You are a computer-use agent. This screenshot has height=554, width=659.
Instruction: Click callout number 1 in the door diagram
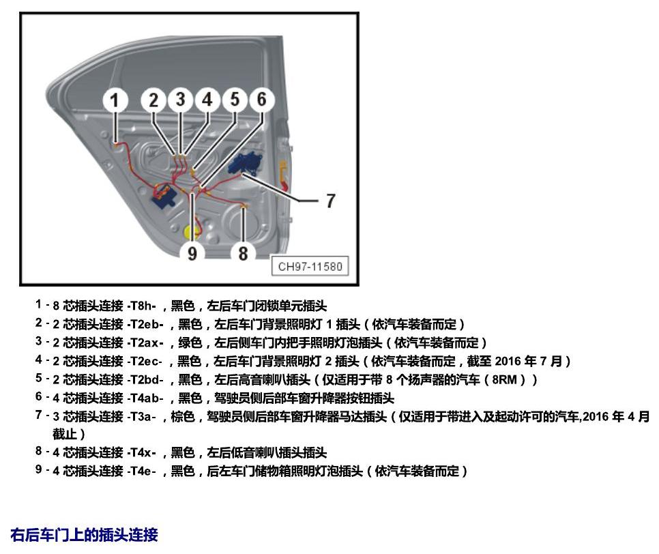[x=115, y=100]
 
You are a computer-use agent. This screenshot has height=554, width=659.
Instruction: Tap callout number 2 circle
[x=153, y=100]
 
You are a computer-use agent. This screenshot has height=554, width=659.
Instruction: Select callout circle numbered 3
[x=180, y=100]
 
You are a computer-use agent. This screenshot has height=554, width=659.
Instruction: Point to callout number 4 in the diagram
[x=207, y=100]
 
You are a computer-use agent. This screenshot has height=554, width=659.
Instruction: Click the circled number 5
[x=235, y=100]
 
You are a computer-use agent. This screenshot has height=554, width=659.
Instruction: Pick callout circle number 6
[x=262, y=100]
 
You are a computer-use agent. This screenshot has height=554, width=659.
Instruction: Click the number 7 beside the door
[x=331, y=201]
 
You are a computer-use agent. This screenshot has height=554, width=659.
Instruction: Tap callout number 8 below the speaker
[x=243, y=253]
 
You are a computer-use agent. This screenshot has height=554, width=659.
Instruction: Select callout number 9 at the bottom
[x=192, y=253]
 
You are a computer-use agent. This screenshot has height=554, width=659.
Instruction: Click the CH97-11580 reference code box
[x=310, y=266]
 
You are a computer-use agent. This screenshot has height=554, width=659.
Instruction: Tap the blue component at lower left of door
[x=165, y=196]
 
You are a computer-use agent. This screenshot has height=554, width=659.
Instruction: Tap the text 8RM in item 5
[x=504, y=379]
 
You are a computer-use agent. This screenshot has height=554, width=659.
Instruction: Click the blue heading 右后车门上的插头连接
[x=84, y=535]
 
